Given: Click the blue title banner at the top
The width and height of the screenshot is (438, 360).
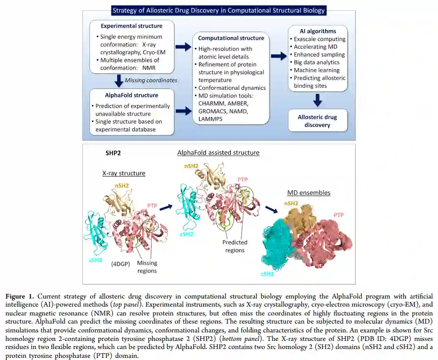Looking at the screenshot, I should pos(219,11).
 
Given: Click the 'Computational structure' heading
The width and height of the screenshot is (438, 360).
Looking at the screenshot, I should pos(231,38).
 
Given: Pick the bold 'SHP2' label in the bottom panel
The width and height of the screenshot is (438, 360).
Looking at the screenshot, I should pos(113,153).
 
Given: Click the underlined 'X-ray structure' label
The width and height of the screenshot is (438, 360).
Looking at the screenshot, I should pos(124,173).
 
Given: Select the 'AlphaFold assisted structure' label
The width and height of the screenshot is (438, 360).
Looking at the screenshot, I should pos(218,153).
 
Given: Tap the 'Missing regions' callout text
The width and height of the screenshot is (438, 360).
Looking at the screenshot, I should pos(147,267).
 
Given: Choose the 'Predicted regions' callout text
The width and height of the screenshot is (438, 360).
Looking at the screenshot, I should pos(235,246).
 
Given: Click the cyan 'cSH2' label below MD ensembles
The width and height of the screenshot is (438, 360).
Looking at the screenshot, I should pos(267,274).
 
